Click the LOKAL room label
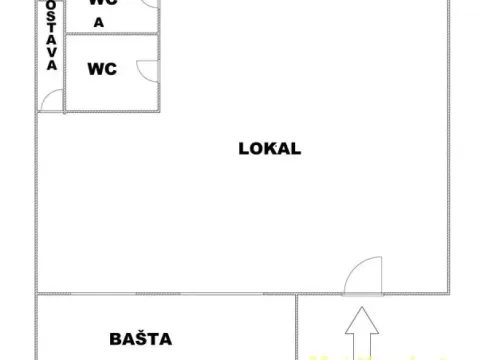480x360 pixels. tap(270, 149)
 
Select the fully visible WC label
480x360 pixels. tap(102, 69)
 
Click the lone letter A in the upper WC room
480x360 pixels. tap(98, 21)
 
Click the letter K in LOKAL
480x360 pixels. tap(270, 149)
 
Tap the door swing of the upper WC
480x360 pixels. tap(149, 4)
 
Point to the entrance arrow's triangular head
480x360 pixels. tap(363, 319)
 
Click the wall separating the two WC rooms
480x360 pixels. tap(110, 34)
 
